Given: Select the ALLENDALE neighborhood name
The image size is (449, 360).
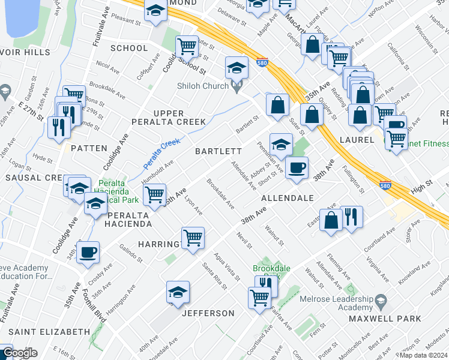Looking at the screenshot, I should (x=288, y=197).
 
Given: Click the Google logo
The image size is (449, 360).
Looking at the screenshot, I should (x=19, y=353).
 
